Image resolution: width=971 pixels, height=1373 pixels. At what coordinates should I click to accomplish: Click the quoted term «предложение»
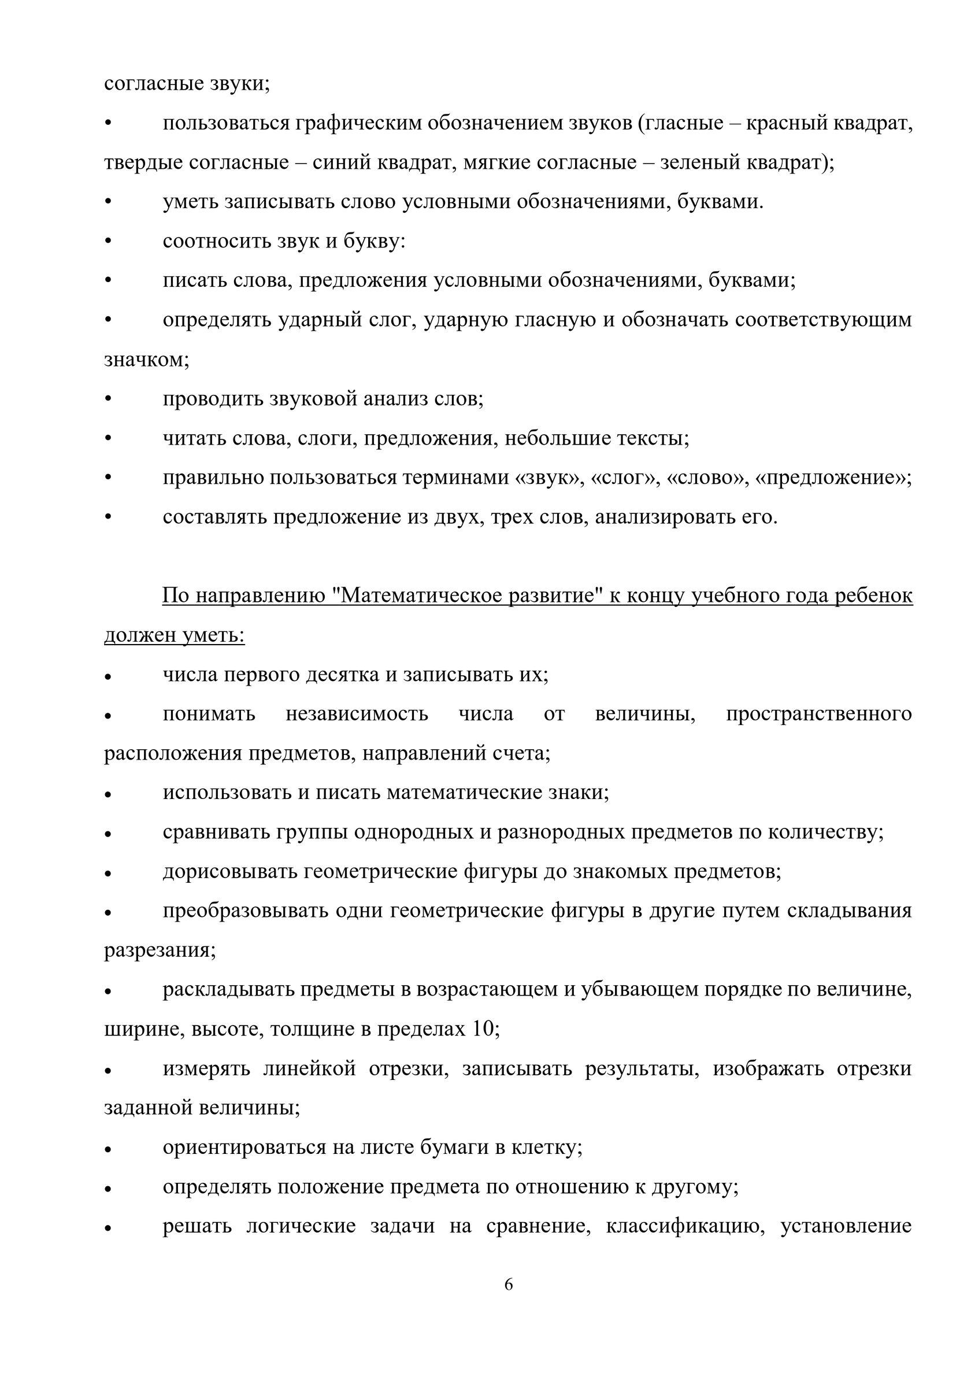coord(833,478)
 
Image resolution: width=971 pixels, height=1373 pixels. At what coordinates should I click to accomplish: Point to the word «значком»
coord(146,360)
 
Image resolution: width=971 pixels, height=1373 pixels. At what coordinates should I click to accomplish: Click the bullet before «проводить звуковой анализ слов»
coord(108,399)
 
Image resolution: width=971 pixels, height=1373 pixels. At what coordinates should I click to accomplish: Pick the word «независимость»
coord(357,714)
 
